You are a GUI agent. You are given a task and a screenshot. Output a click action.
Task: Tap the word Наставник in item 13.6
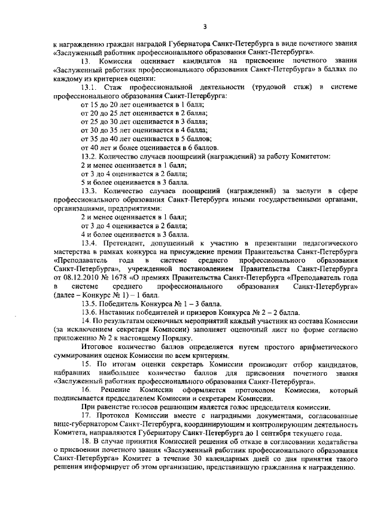(121, 312)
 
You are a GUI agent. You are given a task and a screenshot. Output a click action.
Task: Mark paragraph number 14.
(85, 321)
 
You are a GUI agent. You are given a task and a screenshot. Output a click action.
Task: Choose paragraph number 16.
(86, 390)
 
